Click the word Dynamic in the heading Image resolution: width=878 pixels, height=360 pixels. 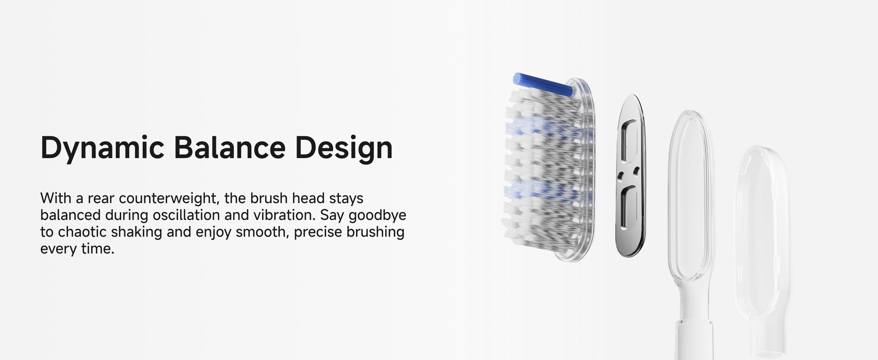click(x=102, y=148)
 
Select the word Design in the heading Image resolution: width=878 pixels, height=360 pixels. click(x=344, y=148)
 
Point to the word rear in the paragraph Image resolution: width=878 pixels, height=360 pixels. click(x=101, y=199)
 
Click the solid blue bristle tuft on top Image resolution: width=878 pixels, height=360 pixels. click(x=543, y=84)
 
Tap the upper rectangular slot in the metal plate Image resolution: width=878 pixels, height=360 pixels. click(x=630, y=140)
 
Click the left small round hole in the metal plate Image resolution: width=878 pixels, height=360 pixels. click(x=620, y=176)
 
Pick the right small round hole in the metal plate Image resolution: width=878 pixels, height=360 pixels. click(x=636, y=170)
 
